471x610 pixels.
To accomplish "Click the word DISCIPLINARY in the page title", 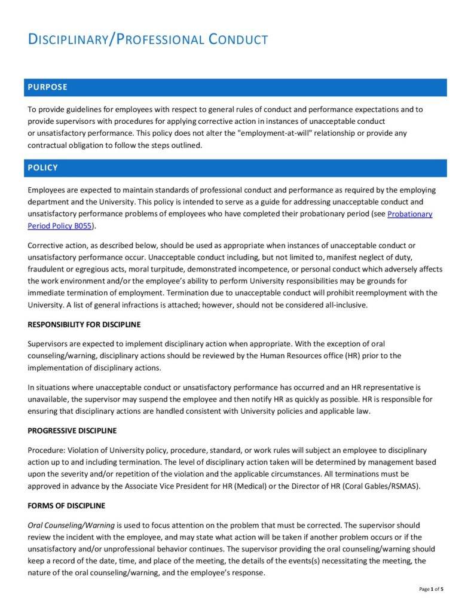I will [x=67, y=40].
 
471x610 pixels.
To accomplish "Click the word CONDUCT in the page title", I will [x=238, y=40].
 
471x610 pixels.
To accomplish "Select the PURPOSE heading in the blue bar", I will [x=47, y=87].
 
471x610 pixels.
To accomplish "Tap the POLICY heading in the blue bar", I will [x=42, y=168].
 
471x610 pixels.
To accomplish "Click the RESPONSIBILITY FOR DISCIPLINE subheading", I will [x=84, y=325].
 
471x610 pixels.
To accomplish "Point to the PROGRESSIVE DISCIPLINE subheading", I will [x=72, y=431].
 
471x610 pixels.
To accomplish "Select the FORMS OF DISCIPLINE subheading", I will [x=66, y=505].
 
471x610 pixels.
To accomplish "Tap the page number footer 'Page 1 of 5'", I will [x=432, y=590].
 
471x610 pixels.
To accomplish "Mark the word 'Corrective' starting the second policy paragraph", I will [x=47, y=246].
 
